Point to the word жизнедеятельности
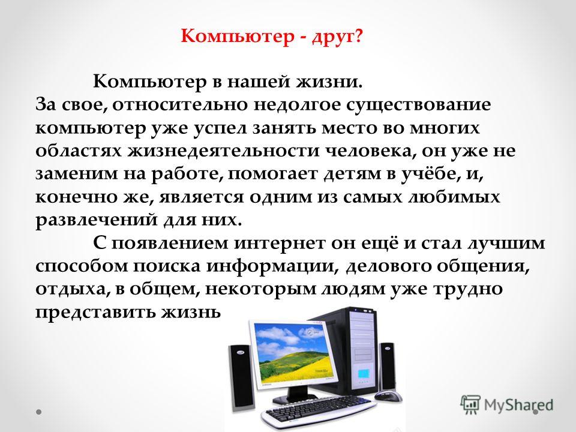pyautogui.click(x=223, y=151)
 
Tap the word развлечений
pyautogui.click(x=96, y=220)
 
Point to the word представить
pyautogui.click(x=95, y=313)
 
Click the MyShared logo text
pyautogui.click(x=518, y=405)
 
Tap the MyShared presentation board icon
pyautogui.click(x=470, y=404)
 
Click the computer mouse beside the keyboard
pyautogui.click(x=389, y=397)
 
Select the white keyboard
pyautogui.click(x=319, y=410)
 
